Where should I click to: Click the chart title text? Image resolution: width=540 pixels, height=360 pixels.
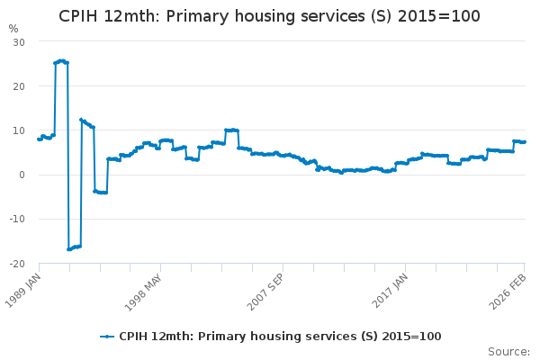point(269,16)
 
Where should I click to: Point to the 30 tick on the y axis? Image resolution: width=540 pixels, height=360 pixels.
point(19,42)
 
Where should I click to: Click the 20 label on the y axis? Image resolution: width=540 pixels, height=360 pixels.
point(19,86)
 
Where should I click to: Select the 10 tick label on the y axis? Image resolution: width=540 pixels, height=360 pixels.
point(19,130)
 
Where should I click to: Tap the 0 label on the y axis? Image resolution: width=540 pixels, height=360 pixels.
point(22,175)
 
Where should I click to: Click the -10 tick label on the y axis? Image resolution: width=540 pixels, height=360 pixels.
point(17,219)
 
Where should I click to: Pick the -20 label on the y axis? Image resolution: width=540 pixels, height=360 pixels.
point(17,263)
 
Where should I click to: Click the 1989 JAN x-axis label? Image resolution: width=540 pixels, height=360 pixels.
point(26,286)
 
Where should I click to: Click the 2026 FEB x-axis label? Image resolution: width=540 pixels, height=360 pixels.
point(512,286)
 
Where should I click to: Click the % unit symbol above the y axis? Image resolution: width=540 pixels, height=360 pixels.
point(13,29)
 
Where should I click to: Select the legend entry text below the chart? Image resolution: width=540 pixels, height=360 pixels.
point(280,336)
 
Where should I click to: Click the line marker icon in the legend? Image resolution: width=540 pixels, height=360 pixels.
point(107,336)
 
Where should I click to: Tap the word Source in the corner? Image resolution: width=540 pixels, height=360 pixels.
point(508,352)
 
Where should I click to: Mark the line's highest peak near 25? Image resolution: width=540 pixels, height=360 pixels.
point(61,60)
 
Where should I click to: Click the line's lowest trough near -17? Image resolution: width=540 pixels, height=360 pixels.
point(69,248)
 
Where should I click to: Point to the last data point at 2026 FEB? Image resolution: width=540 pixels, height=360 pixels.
point(525,142)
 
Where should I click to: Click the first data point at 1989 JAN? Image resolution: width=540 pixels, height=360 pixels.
point(38,139)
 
